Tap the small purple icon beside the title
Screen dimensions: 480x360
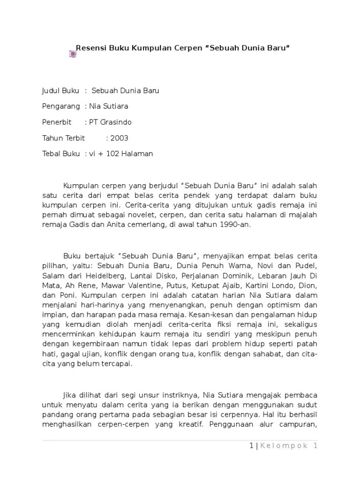(72, 54)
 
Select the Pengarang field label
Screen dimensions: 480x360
(61, 106)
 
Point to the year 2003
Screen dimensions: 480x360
(119, 138)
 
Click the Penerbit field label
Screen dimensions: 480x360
(57, 122)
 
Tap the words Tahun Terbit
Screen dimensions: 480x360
(63, 138)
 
